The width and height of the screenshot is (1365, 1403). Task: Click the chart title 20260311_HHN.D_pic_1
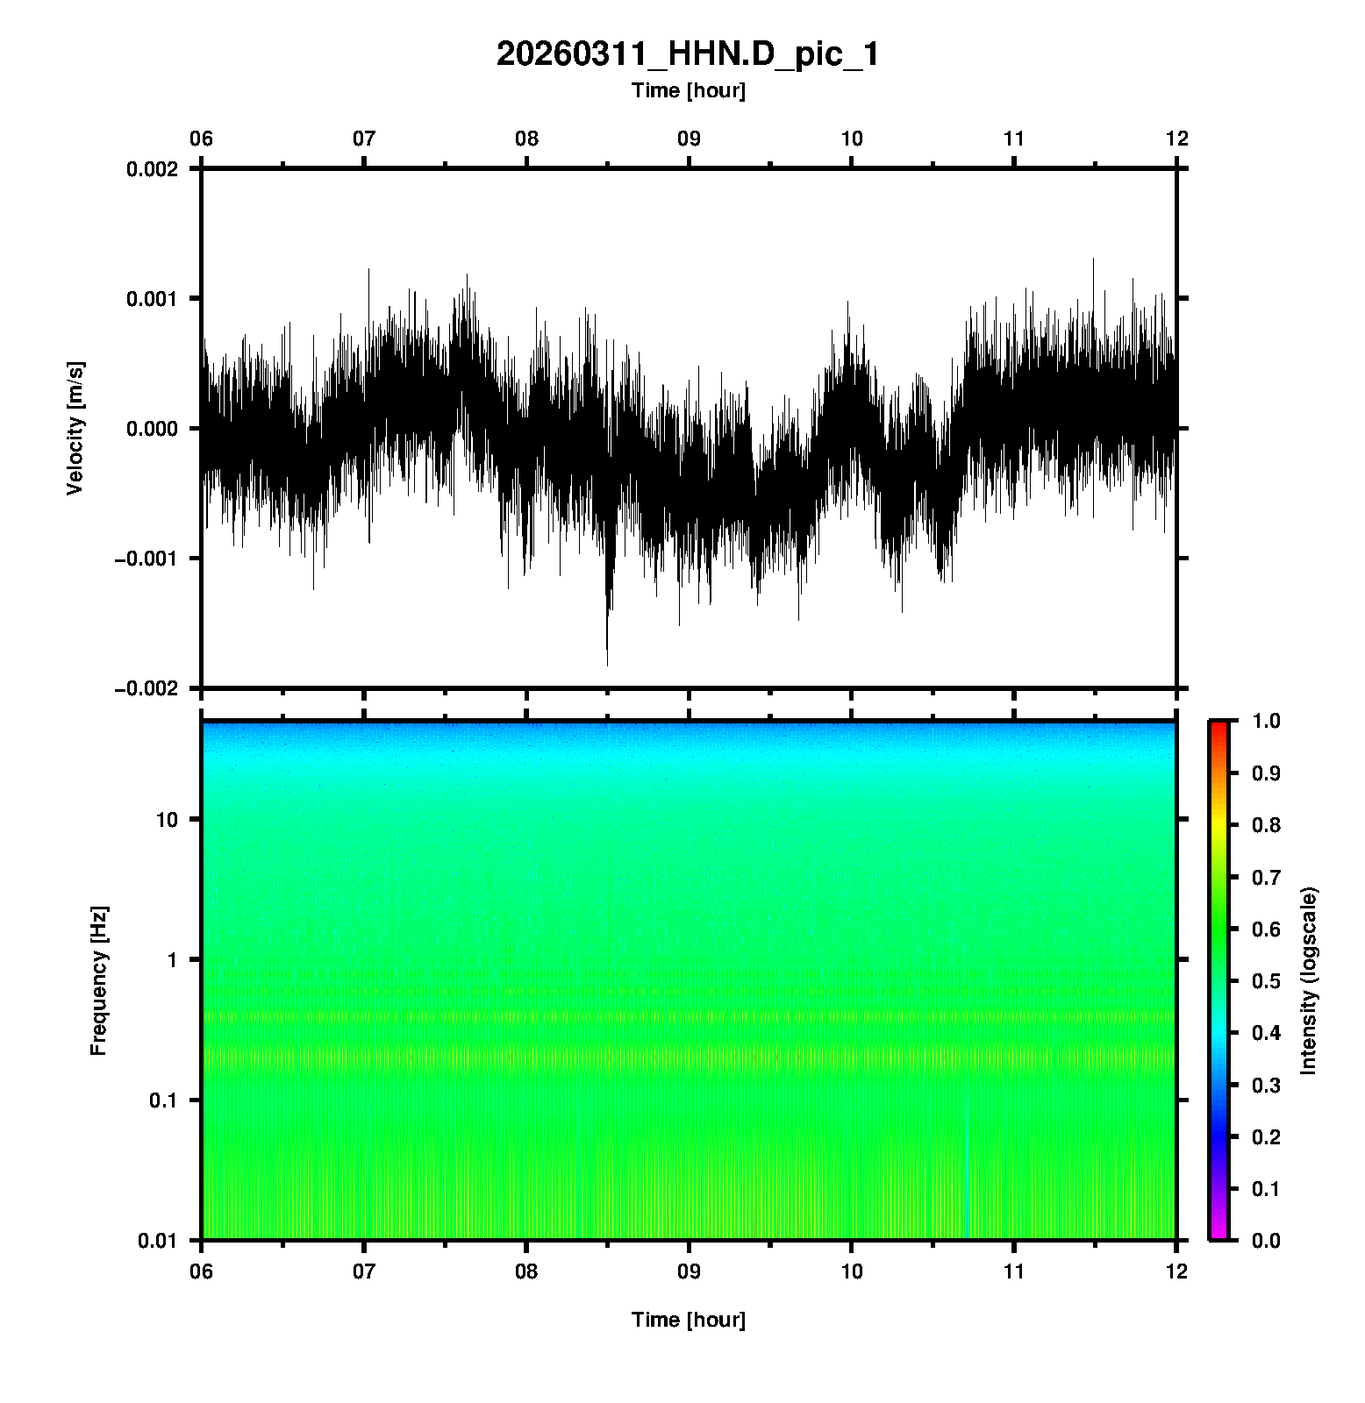click(688, 54)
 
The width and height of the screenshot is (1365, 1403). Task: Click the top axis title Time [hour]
click(688, 90)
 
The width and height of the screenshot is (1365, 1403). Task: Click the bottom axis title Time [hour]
click(688, 1320)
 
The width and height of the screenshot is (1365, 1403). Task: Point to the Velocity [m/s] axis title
click(75, 428)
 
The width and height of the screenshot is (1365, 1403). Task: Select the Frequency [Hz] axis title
click(98, 980)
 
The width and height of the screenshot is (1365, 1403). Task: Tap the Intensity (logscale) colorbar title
click(1309, 980)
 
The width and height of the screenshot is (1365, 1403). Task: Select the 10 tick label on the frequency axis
click(166, 820)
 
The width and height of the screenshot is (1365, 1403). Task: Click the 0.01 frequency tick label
click(158, 1241)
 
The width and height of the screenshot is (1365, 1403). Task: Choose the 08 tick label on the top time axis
click(526, 139)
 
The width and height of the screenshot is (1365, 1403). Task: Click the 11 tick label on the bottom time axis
click(1014, 1271)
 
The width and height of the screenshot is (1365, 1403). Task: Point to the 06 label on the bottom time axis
click(202, 1271)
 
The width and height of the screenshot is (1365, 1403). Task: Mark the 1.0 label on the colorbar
click(1268, 721)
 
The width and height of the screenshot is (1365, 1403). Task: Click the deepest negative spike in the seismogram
click(607, 663)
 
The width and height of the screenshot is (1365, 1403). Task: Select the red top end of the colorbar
click(1218, 724)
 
